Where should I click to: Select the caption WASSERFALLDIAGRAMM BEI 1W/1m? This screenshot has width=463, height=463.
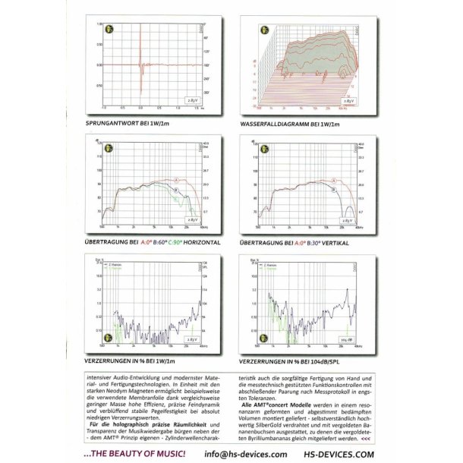tap(291, 123)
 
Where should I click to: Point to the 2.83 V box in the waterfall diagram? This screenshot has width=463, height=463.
tap(347, 99)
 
